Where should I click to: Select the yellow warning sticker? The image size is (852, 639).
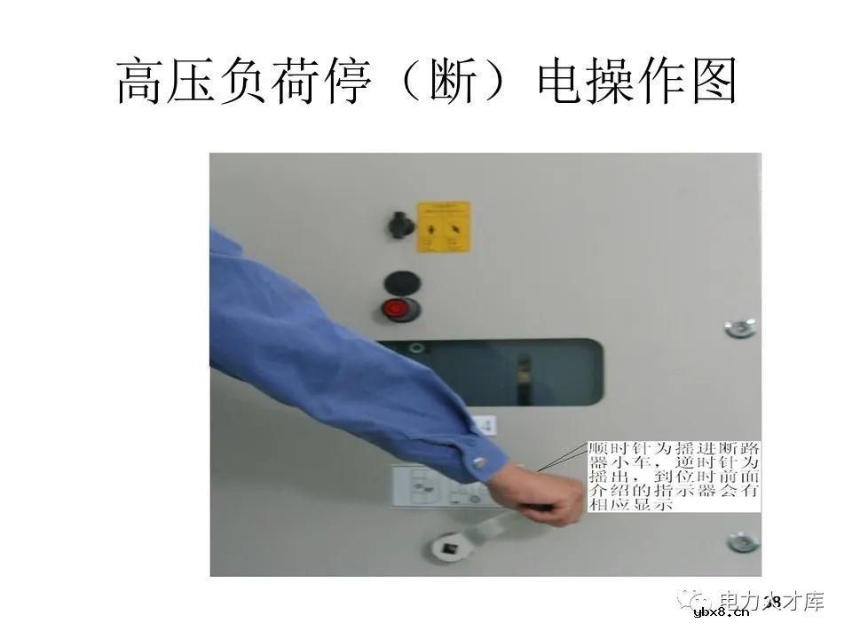443,227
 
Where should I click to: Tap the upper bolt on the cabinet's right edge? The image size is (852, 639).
739,327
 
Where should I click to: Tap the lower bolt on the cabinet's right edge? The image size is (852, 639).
741,541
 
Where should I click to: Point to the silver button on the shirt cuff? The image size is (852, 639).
480,461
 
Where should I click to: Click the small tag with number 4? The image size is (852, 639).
485,426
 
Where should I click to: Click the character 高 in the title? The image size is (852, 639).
143,83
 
